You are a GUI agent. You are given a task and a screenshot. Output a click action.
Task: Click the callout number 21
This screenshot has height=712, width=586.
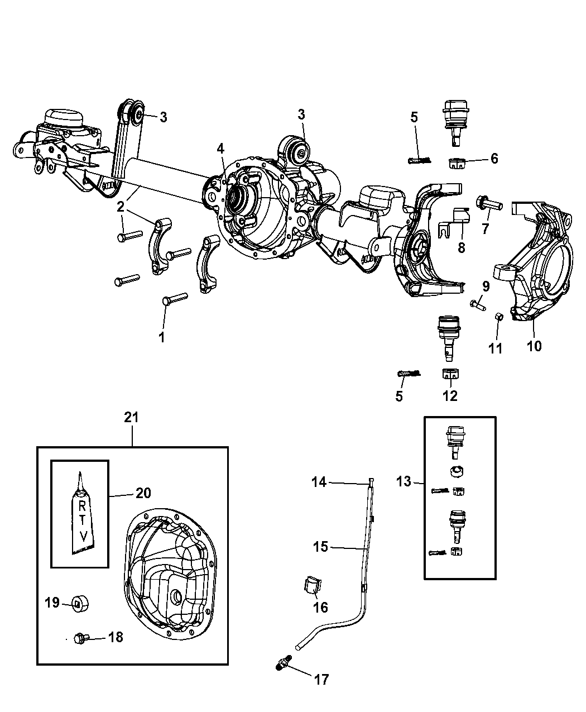tap(132, 417)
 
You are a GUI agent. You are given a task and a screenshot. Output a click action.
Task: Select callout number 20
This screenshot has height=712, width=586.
tap(143, 493)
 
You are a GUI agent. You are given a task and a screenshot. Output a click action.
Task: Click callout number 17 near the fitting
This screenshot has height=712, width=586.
tap(321, 679)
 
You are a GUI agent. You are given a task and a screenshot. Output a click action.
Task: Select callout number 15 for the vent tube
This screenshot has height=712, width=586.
tap(320, 547)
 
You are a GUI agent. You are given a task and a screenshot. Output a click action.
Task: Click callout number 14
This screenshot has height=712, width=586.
tap(319, 481)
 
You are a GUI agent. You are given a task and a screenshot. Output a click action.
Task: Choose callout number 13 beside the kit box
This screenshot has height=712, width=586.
tap(404, 481)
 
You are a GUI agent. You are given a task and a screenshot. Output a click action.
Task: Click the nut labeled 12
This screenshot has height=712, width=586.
tap(450, 374)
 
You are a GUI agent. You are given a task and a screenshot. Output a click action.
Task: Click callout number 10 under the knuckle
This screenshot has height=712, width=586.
tap(534, 346)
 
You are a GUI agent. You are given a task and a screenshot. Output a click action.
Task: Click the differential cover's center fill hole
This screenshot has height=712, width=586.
tap(176, 597)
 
